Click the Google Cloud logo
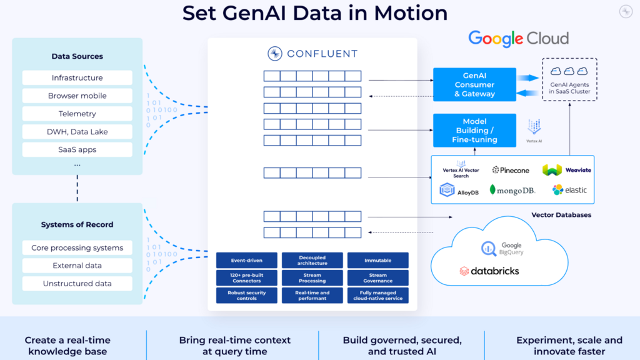pos(518,39)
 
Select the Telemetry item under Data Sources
pos(77,114)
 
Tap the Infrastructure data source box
pos(77,78)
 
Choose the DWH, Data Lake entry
pos(77,132)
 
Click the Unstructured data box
pos(77,284)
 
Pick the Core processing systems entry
pos(77,248)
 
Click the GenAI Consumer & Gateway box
pos(474,85)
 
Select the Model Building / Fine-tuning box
pos(474,131)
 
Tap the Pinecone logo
pos(511,170)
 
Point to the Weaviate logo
pos(566,170)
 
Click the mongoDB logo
pos(512,190)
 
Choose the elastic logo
pos(569,190)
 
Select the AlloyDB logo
pos(459,191)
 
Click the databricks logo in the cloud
pos(489,271)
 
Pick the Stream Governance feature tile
pos(377,278)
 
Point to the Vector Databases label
pos(561,215)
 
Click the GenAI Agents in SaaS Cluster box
pos(569,80)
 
